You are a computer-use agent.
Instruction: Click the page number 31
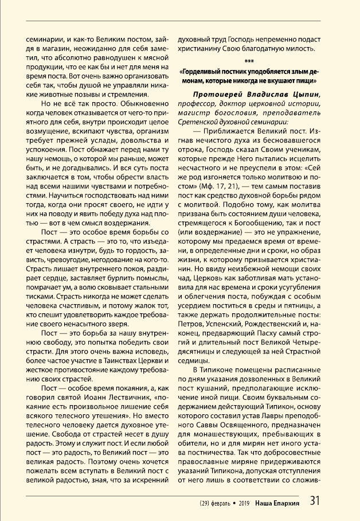click(x=315, y=500)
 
